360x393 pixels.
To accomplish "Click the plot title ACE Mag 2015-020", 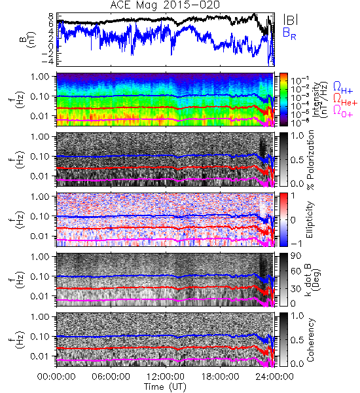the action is [165, 5].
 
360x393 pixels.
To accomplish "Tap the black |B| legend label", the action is [291, 19].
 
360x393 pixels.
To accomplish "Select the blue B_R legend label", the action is [289, 33].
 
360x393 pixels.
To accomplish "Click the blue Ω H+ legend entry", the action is [343, 88].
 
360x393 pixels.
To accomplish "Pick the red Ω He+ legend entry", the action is [345, 99].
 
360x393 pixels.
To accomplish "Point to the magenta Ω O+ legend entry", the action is [343, 111].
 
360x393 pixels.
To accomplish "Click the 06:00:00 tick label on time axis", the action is [111, 377].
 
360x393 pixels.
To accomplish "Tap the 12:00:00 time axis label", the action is [166, 377].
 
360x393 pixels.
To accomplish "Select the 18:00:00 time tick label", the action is [220, 377].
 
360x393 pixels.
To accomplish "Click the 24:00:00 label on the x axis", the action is [274, 377].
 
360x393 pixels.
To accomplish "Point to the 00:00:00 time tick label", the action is [56, 377].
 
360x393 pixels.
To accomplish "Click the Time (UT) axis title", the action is [165, 387].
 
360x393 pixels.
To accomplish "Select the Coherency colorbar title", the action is [310, 340].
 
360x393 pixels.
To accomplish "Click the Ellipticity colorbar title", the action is [310, 219].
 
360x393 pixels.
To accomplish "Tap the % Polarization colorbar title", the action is [310, 160].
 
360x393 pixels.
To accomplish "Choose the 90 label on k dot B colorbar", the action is [296, 256].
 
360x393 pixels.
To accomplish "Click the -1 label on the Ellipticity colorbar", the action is [296, 244].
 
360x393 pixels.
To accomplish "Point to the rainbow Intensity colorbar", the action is [283, 100].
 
